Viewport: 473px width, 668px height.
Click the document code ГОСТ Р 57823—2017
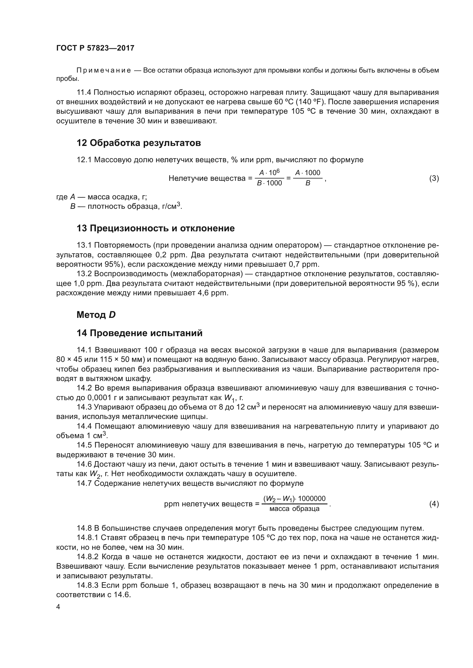coord(95,48)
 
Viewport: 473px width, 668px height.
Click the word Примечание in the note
coord(104,71)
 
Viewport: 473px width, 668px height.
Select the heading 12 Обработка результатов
coord(139,143)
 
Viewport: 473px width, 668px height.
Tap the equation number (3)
coord(434,178)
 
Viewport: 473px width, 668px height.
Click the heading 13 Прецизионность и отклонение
coord(156,228)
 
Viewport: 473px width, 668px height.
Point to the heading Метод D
coord(96,314)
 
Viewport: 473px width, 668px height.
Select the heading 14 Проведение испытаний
coord(140,333)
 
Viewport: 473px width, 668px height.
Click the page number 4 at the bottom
coord(58,607)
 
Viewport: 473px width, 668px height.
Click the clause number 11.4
coord(84,93)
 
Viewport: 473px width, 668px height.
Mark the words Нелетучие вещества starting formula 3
coord(207,178)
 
